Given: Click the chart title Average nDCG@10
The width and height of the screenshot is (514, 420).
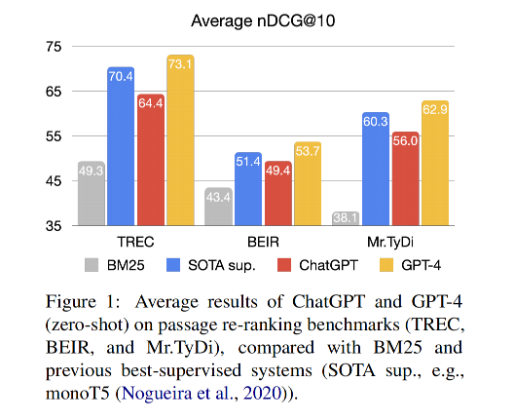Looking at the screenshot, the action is pos(263,21).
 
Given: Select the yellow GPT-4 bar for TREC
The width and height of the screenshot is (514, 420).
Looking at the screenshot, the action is pos(181,140).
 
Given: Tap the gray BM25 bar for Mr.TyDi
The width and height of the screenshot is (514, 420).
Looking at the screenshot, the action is pos(346,218).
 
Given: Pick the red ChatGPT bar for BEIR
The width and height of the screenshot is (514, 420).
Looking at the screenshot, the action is pos(278,193).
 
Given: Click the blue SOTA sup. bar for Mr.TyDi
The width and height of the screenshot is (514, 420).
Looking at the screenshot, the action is pos(376,169).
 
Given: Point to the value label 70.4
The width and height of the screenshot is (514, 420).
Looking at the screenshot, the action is pos(121,76).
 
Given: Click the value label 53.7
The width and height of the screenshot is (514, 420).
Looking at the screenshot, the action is pos(308,151).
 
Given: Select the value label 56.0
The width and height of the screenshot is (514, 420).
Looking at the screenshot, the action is pos(405,141).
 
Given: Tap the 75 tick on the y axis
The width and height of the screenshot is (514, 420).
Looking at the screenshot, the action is pos(54,47).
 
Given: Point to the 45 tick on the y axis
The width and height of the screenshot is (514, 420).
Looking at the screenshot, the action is pos(54,181).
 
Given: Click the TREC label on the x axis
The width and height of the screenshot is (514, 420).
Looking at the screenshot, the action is pos(135,242).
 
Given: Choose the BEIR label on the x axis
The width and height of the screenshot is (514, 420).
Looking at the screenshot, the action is pos(263,242).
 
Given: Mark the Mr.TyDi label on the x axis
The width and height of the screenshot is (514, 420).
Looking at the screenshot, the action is pos(390,243).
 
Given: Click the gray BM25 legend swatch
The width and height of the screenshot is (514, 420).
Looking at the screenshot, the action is pos(92,265).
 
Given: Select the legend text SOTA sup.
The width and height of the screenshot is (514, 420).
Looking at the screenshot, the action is pos(222,265).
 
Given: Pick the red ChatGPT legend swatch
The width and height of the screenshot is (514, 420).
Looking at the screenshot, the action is pos(284,265).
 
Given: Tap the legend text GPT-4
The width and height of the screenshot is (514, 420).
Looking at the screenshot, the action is pos(421,265).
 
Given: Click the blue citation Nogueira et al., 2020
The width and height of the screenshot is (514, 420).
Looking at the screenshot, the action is pos(202,393).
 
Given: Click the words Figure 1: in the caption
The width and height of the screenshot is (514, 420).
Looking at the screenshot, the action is pos(84,302).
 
